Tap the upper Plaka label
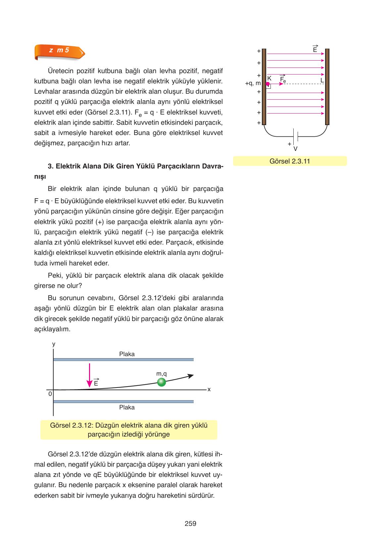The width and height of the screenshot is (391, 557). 127,354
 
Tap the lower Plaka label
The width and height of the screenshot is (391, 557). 127,407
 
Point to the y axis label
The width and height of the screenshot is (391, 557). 54,344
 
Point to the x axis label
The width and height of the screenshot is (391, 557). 209,389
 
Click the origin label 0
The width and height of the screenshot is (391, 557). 50,394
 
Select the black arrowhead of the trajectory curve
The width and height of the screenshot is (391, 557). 190,376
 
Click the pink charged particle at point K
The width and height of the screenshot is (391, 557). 268,84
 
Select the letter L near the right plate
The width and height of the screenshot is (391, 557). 322,80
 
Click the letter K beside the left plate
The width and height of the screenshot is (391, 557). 269,78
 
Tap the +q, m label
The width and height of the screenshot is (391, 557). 253,84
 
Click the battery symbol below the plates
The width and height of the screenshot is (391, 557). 296,136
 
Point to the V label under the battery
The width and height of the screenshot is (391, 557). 296,149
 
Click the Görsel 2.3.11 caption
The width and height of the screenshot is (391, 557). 290,161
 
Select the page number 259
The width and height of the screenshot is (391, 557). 190,524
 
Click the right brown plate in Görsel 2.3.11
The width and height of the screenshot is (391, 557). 327,87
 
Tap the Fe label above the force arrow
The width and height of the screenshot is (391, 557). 283,79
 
